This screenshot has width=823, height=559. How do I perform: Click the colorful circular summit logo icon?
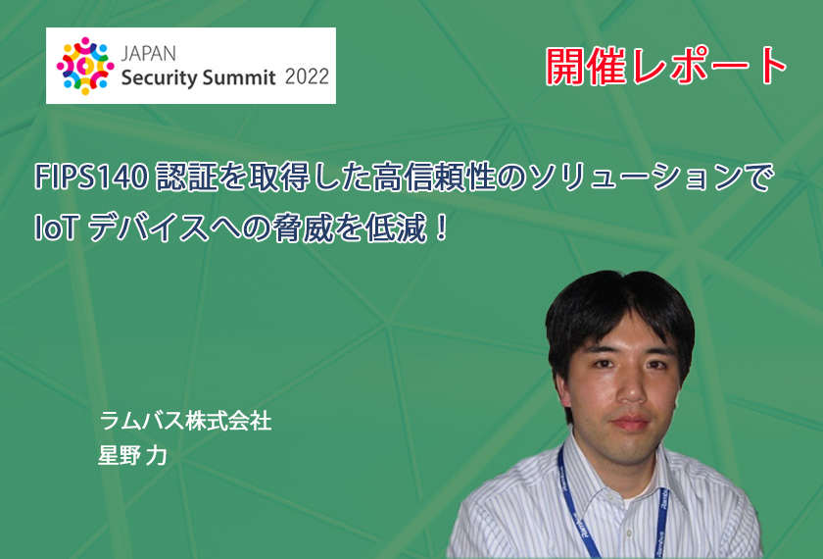click(85, 66)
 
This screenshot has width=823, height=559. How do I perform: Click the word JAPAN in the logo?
click(149, 54)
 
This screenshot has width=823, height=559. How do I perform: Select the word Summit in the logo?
click(239, 77)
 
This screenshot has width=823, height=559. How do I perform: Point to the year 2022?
click(307, 77)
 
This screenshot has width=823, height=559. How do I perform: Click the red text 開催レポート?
click(666, 67)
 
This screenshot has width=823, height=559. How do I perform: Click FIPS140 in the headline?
click(91, 177)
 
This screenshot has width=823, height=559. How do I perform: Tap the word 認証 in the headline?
click(187, 177)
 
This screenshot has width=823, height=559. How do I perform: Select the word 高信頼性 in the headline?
click(435, 177)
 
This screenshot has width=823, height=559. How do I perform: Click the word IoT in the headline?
click(57, 229)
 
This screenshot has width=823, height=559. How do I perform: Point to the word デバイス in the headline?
click(149, 229)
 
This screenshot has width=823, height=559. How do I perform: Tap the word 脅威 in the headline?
click(304, 229)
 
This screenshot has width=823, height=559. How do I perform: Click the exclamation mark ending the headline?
click(442, 229)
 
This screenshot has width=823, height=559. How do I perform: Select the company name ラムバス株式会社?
click(186, 421)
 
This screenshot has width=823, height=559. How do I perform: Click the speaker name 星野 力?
click(132, 455)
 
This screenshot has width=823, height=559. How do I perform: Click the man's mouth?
click(631, 423)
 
